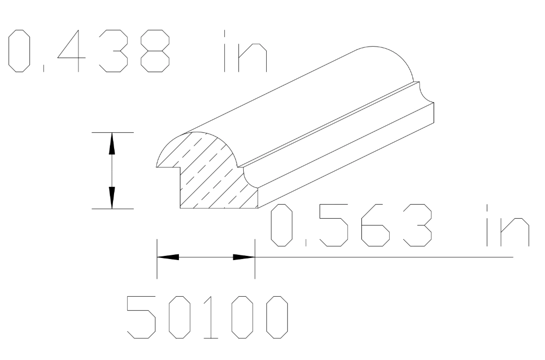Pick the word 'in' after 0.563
(506, 226)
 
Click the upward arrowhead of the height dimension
(111, 143)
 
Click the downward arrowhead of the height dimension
(111, 198)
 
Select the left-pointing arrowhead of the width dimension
(168, 257)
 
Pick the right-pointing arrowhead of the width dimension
(243, 257)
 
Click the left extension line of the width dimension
(156, 259)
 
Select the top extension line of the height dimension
(112, 132)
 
